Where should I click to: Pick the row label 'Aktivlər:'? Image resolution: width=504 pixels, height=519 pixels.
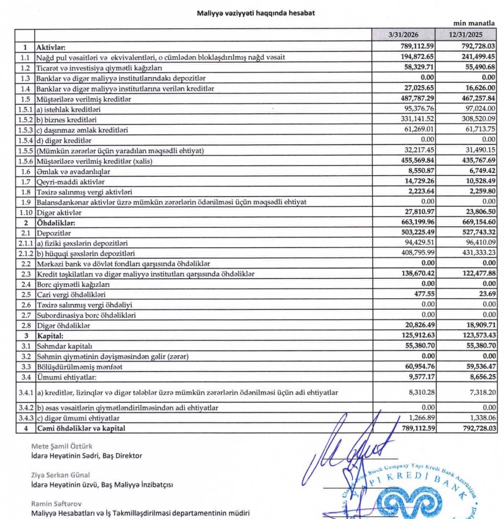56,47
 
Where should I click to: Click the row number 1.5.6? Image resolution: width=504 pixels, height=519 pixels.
24,160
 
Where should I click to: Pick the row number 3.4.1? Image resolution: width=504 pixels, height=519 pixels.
24,392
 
